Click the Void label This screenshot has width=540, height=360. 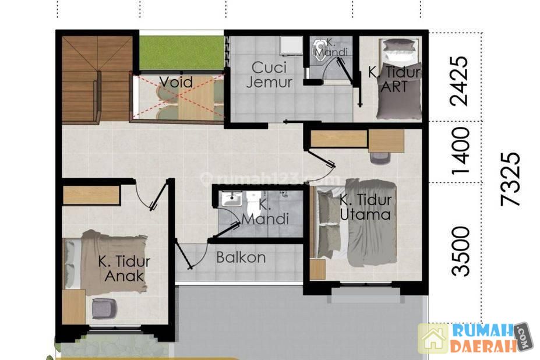coord(176,82)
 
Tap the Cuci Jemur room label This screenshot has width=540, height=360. coord(269,75)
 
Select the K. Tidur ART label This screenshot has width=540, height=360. coord(394,80)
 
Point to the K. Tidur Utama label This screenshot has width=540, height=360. coord(365,207)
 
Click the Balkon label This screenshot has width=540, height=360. coord(241,257)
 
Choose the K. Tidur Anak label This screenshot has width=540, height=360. coord(124,269)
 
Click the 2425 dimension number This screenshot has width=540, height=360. coord(459,80)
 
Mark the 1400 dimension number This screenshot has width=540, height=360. coord(460,151)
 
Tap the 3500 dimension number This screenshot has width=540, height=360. coord(460,251)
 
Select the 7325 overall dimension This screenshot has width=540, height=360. coord(510,179)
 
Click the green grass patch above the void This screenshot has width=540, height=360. coord(182,52)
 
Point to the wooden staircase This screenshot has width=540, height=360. coord(97,79)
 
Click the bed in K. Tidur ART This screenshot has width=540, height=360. coord(400,79)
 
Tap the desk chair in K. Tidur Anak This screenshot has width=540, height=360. coord(105,308)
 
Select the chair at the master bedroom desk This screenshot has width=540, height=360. coord(380,157)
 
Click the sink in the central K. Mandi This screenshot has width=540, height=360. coord(231,199)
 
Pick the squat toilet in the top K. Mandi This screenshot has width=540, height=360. coord(320,51)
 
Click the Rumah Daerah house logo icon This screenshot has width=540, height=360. coord(433,338)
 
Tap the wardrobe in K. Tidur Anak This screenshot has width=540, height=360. coord(91,195)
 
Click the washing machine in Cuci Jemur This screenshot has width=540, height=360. coord(291,45)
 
